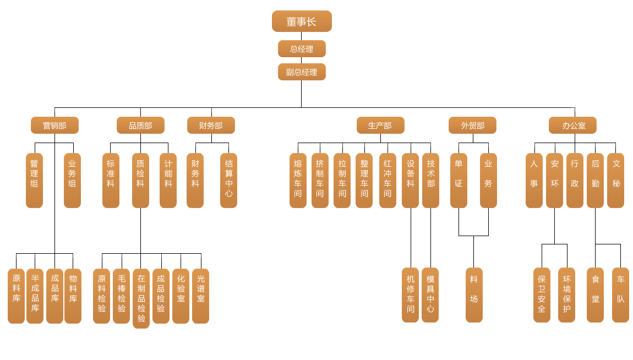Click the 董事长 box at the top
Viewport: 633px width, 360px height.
coord(302,21)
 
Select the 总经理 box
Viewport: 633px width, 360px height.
coord(302,49)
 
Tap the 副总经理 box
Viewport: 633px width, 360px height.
coord(302,72)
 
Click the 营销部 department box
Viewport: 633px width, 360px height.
coord(54,126)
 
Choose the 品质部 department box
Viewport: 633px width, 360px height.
coord(140,126)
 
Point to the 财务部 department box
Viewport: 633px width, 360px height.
coord(211,126)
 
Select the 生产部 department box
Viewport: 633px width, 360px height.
coord(380,126)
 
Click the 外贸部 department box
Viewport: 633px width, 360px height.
coord(472,126)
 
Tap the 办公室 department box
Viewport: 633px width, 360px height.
coord(572,126)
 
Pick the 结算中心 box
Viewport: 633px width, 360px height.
coord(228,181)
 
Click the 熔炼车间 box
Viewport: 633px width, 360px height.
coord(298,181)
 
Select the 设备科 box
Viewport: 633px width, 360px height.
coord(410,181)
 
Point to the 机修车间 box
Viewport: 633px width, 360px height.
coord(410,295)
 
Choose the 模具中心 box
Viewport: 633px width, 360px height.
coord(430,295)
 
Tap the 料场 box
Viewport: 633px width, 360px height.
coord(474,295)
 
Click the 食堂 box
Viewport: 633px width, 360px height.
coord(595,295)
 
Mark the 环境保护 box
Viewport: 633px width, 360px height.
coord(566,295)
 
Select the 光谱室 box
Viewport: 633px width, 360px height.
coord(200,296)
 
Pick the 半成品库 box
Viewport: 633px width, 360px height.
coord(35,296)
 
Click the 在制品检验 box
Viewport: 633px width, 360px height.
coord(141,298)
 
